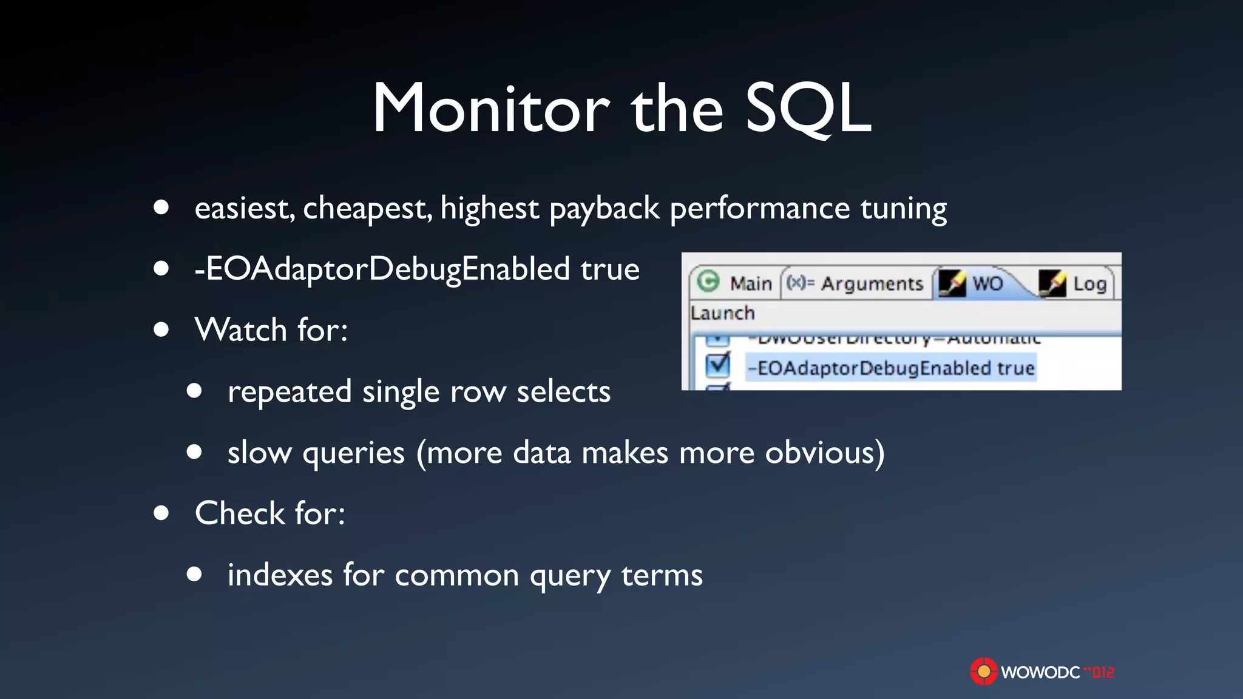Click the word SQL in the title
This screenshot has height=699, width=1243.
808,109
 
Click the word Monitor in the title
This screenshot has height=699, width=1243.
491,109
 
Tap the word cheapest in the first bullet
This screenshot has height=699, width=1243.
367,209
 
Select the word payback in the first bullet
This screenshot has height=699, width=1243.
604,209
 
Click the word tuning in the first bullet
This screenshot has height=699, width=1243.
903,210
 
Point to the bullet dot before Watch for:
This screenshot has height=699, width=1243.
161,329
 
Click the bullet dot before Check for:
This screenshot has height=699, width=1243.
161,513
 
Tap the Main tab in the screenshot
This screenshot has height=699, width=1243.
751,283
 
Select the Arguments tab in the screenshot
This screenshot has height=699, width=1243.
872,283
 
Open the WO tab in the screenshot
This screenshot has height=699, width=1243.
987,283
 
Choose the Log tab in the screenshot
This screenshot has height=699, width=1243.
1089,283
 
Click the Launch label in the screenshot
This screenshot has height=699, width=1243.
722,313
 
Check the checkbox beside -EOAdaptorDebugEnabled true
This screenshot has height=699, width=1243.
718,365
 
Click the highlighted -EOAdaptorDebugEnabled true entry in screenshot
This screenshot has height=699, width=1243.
891,368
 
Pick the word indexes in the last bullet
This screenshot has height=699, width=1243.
280,575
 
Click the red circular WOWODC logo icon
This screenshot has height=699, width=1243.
983,672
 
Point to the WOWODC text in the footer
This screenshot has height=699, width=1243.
1040,672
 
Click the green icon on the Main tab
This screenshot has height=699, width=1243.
708,282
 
